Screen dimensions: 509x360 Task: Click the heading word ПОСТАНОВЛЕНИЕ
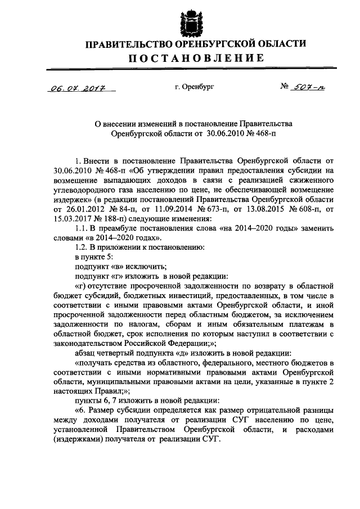(195, 58)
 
